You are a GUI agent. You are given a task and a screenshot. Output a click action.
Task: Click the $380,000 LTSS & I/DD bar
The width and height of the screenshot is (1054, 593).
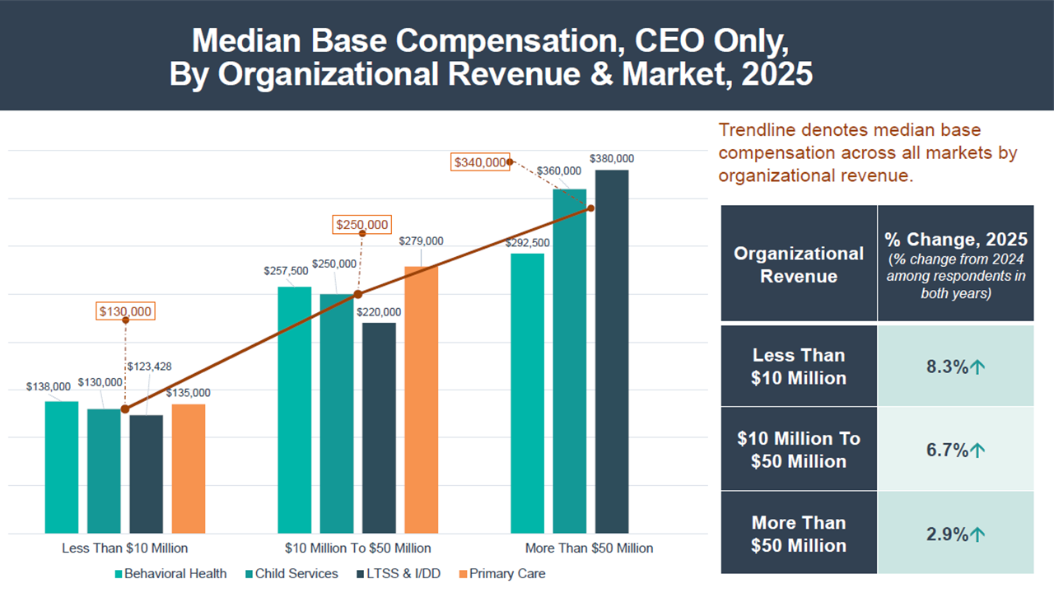pos(612,352)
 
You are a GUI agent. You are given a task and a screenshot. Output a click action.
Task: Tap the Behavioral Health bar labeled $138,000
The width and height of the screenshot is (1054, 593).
pos(62,467)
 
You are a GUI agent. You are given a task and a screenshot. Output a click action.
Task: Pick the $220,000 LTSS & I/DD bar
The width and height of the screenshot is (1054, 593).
pos(380,427)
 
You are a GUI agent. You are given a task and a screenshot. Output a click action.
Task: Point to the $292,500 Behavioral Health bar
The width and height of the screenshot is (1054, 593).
pos(528,393)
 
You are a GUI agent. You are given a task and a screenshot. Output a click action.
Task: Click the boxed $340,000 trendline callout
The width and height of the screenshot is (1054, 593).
pos(480,162)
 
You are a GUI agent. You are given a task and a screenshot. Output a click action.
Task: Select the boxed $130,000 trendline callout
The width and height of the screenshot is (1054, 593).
pos(126,311)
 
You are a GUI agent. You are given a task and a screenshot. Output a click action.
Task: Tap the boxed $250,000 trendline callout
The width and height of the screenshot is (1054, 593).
pos(362,225)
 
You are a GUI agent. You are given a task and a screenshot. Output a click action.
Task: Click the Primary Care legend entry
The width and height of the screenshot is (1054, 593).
pos(501,573)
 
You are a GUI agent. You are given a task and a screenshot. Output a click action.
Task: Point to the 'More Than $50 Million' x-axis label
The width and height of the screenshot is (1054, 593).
pos(589,548)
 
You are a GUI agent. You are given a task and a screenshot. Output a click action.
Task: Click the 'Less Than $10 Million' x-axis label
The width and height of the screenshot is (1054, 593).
pos(125,548)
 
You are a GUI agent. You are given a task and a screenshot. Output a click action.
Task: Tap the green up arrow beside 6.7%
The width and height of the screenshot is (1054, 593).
pos(977,450)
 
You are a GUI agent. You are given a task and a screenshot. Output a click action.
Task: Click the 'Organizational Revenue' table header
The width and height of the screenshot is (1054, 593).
pos(799,264)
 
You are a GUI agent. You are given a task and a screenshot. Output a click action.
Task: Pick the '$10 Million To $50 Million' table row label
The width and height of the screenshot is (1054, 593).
pos(799,450)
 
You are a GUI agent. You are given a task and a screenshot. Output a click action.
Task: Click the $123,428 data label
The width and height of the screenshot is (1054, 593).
pos(149,367)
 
